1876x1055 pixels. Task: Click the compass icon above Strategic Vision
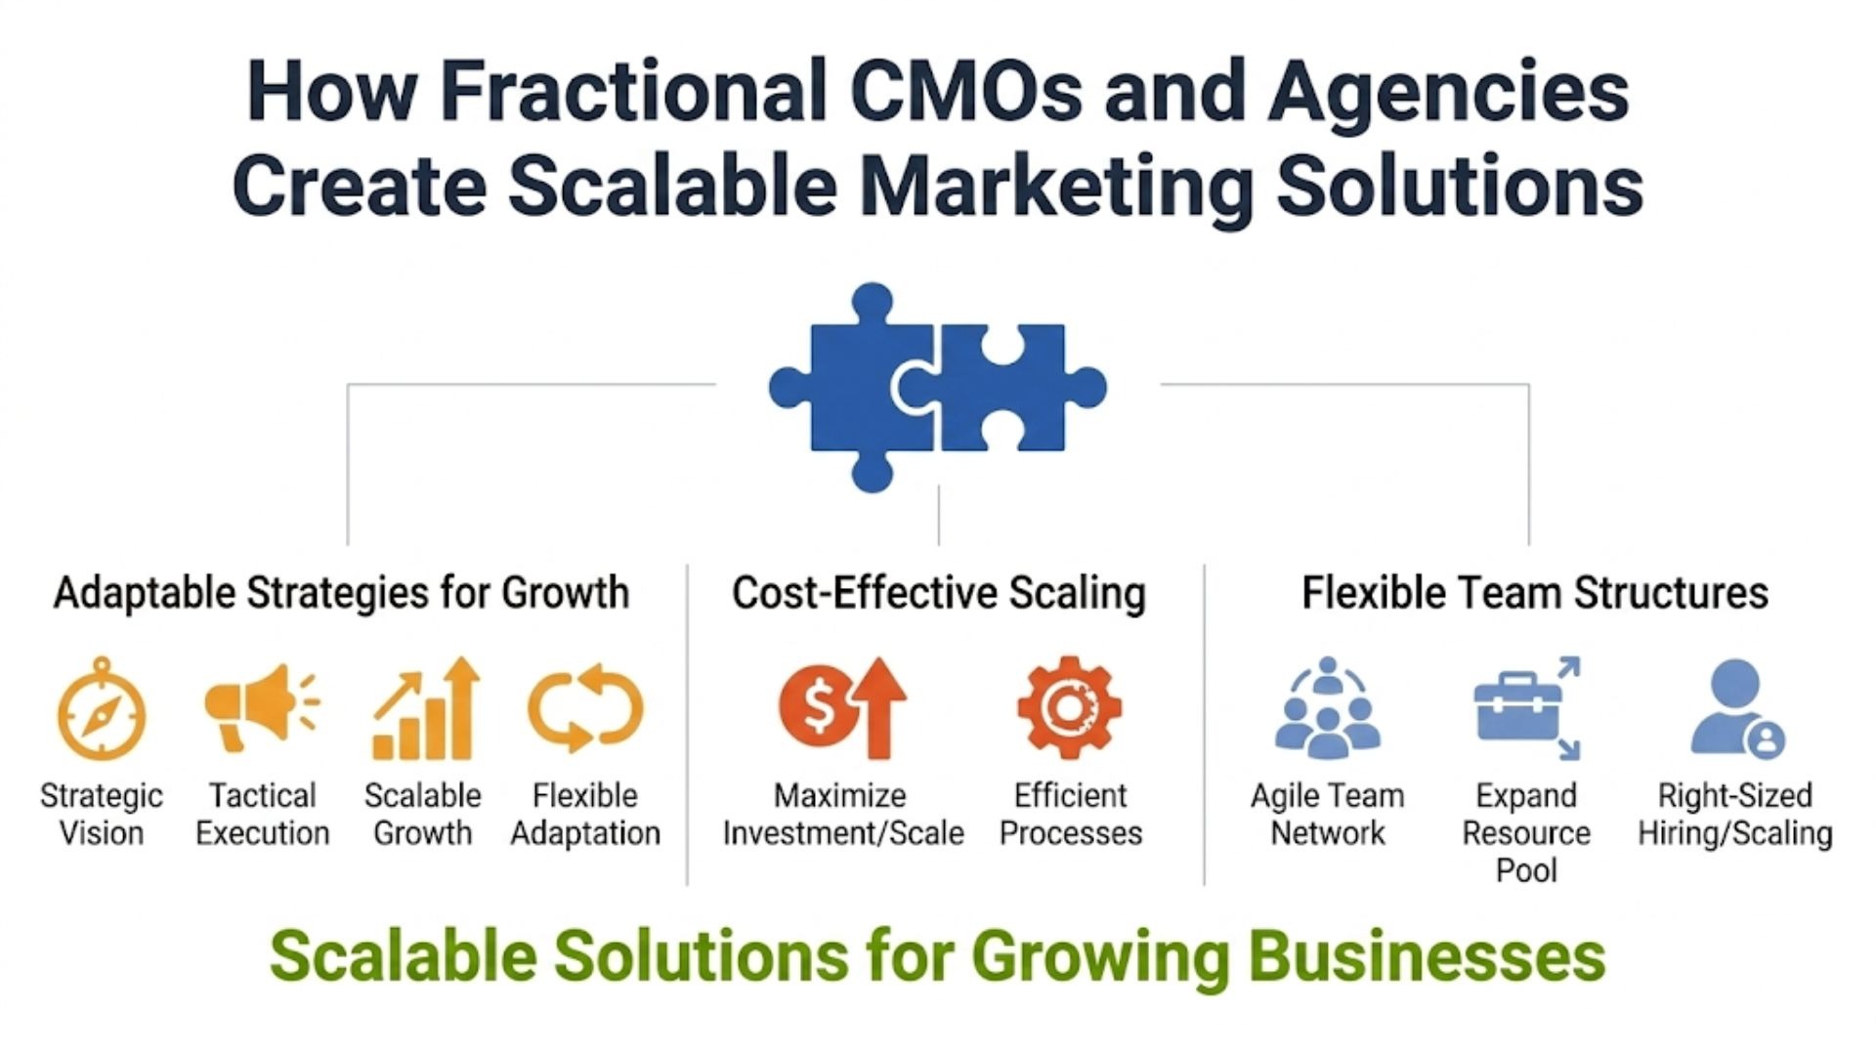pos(102,710)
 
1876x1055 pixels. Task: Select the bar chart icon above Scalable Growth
pos(426,709)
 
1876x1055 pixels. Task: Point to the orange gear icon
pos(1069,706)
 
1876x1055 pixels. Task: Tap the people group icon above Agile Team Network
pos(1327,708)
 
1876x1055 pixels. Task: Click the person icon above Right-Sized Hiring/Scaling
pos(1737,708)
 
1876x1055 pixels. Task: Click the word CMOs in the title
pos(966,90)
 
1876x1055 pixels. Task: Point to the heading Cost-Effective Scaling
pos(939,593)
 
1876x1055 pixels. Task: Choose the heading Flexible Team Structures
pos(1535,593)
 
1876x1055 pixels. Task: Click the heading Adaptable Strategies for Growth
pos(341,593)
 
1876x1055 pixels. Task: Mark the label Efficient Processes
pos(1071,814)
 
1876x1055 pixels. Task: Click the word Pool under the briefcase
pos(1526,869)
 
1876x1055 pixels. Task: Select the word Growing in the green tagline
pos(1100,958)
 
